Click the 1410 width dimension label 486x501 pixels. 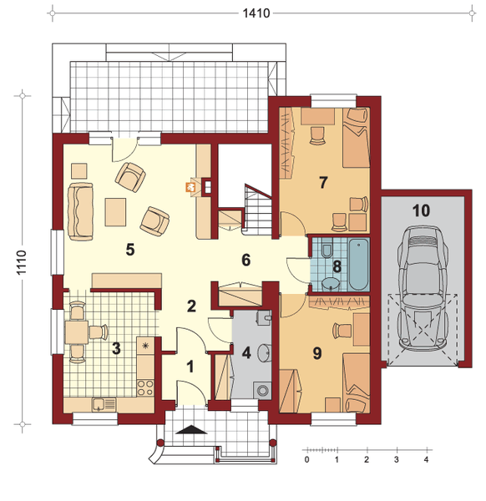point(256,13)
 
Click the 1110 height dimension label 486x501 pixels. point(21,262)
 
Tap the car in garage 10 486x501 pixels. point(422,287)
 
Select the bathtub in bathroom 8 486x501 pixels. point(358,264)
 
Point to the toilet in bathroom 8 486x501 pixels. point(327,248)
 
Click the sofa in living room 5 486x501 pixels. point(80,211)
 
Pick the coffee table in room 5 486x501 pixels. point(115,212)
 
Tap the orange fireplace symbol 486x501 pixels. point(190,187)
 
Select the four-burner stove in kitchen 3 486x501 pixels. point(145,387)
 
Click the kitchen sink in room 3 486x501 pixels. point(99,405)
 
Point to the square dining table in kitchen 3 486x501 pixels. point(77,332)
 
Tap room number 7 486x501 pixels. point(323,182)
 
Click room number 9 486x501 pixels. point(317,353)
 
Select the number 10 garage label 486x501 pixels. point(421,211)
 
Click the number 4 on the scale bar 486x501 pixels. point(426,459)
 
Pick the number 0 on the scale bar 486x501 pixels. point(306,459)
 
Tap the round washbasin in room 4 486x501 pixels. point(264,352)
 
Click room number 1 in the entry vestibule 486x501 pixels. point(190,367)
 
